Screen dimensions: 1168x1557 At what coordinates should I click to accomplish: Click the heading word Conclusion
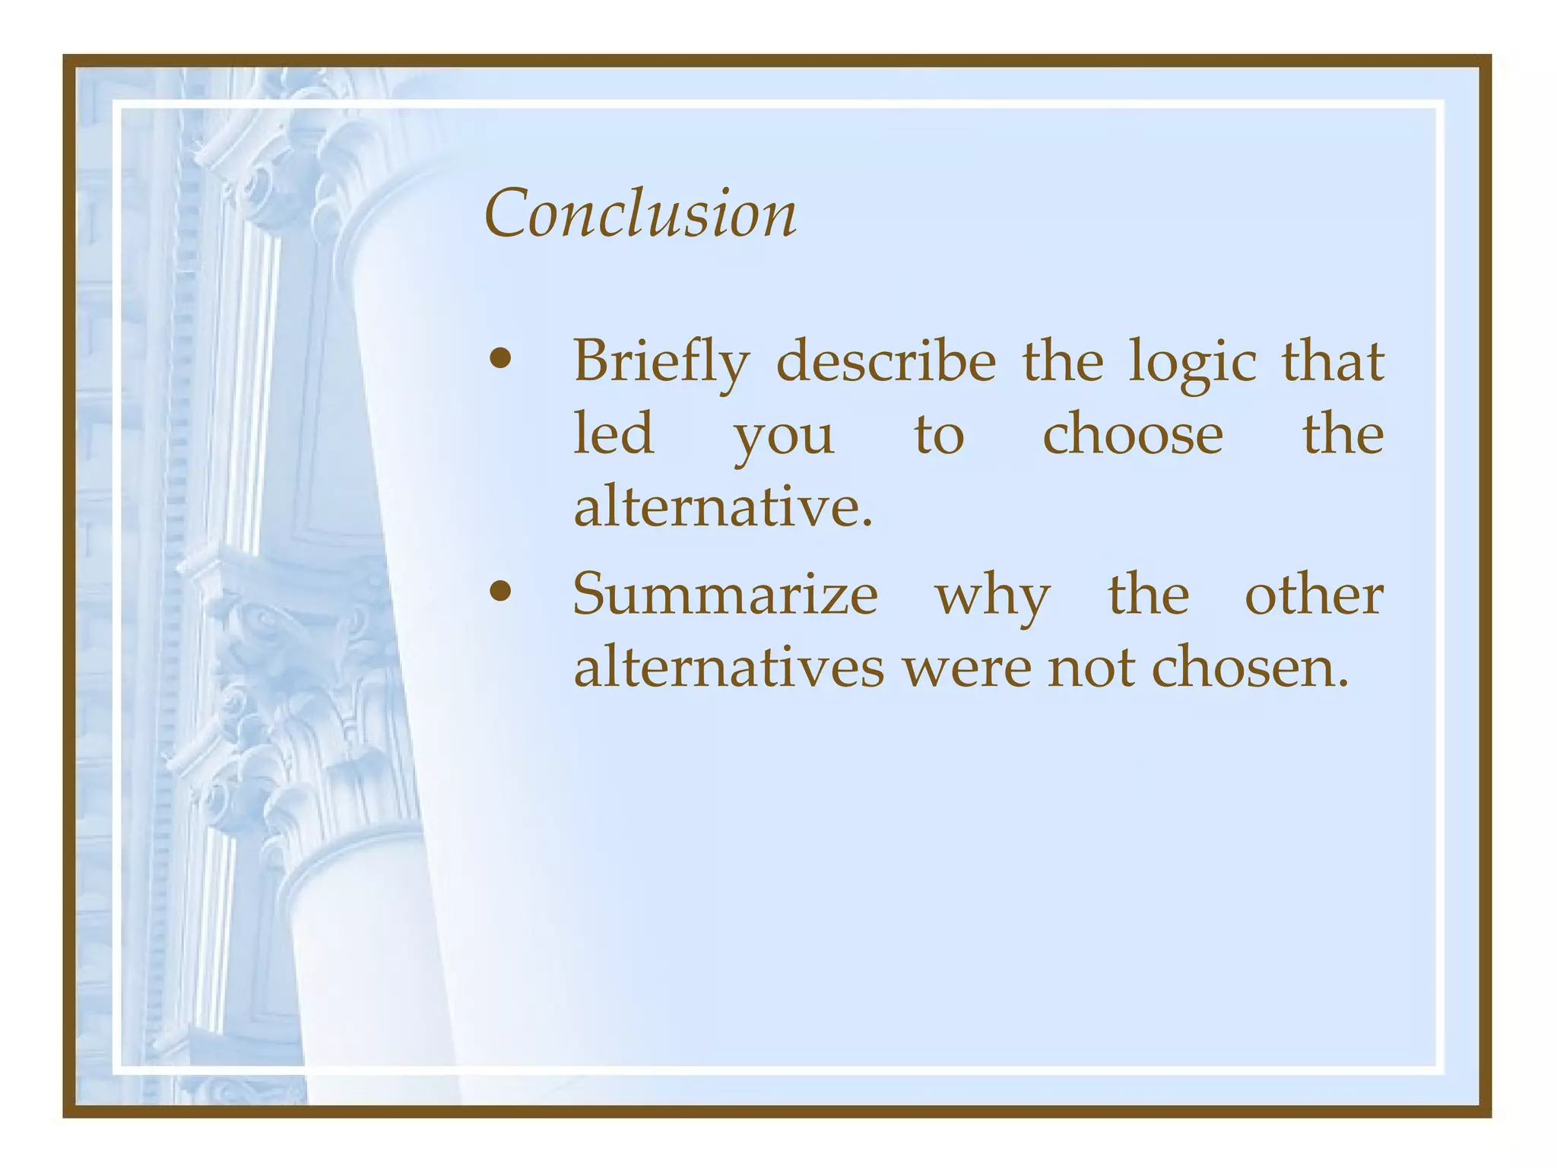click(x=640, y=214)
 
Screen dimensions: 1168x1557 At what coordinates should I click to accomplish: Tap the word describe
click(x=886, y=360)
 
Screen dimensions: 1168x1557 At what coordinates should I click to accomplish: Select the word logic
click(x=1192, y=362)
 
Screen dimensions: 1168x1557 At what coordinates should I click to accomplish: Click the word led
click(x=614, y=433)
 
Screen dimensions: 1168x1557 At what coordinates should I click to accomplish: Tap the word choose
click(x=1133, y=433)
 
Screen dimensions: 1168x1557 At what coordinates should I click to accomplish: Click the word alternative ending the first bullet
click(x=722, y=507)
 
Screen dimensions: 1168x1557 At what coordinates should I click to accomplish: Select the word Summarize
click(x=725, y=594)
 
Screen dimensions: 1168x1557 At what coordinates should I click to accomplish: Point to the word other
click(x=1314, y=594)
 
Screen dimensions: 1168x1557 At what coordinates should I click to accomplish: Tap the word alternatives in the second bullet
click(x=728, y=668)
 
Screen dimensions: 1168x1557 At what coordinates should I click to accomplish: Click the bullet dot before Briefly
click(x=500, y=360)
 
